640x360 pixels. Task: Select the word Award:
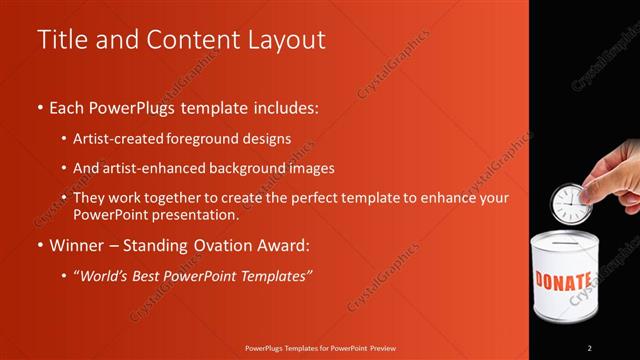(x=287, y=244)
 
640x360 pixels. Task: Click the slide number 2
(x=589, y=347)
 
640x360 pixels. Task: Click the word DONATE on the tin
(x=565, y=280)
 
